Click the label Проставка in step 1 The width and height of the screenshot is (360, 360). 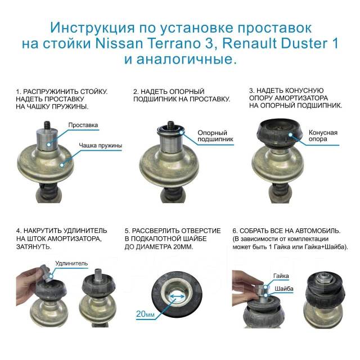click(x=83, y=125)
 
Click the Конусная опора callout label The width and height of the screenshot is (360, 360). click(x=323, y=136)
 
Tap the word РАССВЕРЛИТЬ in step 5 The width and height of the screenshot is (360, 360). click(x=159, y=231)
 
